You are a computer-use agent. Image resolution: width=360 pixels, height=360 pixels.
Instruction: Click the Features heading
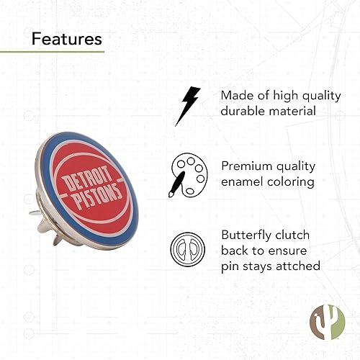(66, 37)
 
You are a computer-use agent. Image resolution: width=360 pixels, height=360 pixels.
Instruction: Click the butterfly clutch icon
(184, 248)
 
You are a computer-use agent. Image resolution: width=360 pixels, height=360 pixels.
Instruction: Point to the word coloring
(291, 182)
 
